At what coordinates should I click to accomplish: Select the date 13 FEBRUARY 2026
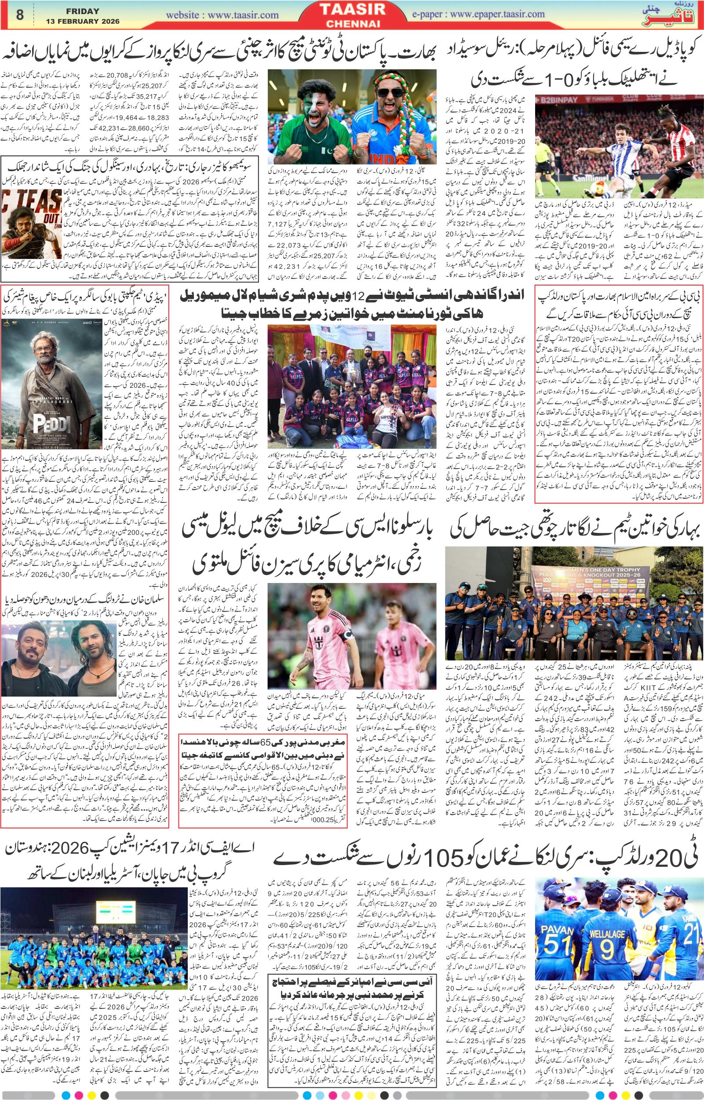[x=82, y=22]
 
